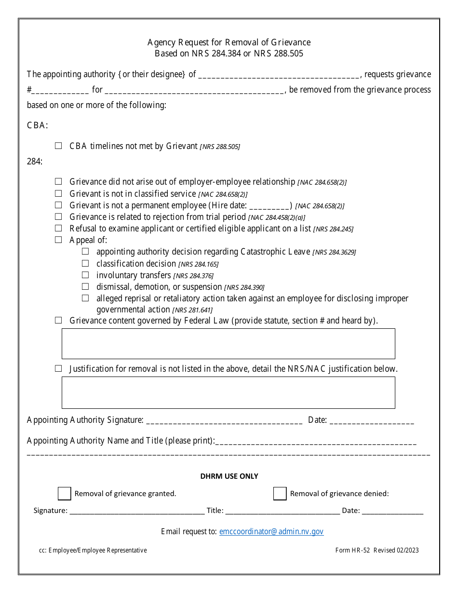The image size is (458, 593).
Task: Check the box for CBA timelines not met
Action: pyautogui.click(x=58, y=146)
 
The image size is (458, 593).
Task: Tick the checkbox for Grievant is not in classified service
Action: pyautogui.click(x=58, y=193)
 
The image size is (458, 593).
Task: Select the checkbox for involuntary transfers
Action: pyautogui.click(x=85, y=275)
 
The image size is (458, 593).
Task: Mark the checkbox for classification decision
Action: pyautogui.click(x=85, y=263)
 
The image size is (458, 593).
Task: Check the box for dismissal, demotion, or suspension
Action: pyautogui.click(x=85, y=286)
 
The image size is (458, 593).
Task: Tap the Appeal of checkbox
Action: pyautogui.click(x=58, y=240)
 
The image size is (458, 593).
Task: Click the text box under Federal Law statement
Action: pyautogui.click(x=228, y=344)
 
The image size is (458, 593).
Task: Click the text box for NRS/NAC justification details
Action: pyautogui.click(x=228, y=392)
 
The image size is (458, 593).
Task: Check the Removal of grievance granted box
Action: pyautogui.click(x=64, y=493)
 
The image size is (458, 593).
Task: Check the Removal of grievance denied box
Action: pyautogui.click(x=280, y=493)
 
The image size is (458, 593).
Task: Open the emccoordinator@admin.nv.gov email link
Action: pyautogui.click(x=271, y=531)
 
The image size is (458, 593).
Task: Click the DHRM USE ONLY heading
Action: pyautogui.click(x=229, y=476)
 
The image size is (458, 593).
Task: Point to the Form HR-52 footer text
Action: pyautogui.click(x=377, y=550)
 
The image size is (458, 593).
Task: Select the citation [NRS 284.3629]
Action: pyautogui.click(x=334, y=252)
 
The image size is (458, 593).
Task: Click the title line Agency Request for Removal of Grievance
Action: pyautogui.click(x=229, y=42)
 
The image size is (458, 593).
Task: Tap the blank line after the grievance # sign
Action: pyautogui.click(x=60, y=90)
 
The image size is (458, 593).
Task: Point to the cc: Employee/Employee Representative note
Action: pyautogui.click(x=93, y=550)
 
